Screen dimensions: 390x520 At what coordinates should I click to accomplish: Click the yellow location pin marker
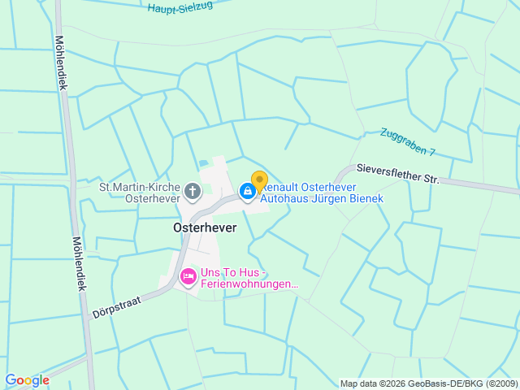tap(259, 181)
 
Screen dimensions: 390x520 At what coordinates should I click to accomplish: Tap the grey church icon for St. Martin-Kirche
tap(193, 192)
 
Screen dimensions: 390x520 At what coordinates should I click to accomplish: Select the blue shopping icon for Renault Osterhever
tap(247, 191)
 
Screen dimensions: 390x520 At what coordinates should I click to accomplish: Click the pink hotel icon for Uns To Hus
tap(188, 278)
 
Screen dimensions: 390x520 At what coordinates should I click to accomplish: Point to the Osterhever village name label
tap(205, 228)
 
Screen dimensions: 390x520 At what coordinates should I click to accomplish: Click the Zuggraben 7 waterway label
tap(408, 142)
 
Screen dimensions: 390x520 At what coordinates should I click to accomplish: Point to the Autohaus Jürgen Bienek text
tap(321, 198)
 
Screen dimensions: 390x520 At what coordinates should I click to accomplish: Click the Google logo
tap(27, 380)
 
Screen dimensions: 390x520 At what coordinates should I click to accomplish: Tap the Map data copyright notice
tap(427, 383)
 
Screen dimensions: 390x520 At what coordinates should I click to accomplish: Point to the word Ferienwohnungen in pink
tap(249, 284)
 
